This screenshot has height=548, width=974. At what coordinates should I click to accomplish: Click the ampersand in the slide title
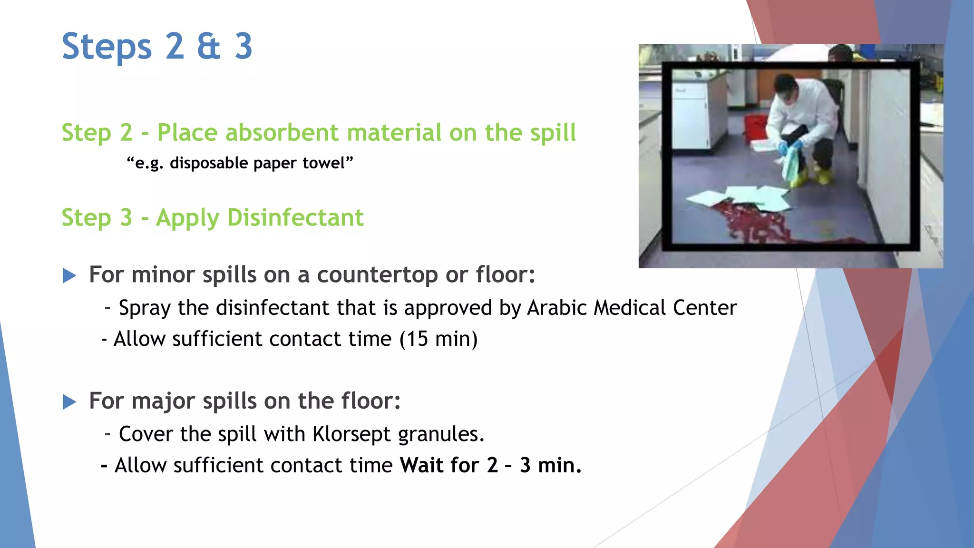click(x=209, y=46)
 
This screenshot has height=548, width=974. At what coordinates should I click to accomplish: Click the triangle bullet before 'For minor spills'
click(x=69, y=275)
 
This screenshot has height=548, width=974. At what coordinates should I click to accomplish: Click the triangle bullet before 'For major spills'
click(x=69, y=402)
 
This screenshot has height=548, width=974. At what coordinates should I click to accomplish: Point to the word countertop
click(x=377, y=275)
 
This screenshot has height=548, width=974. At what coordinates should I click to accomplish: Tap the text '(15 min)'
click(x=438, y=339)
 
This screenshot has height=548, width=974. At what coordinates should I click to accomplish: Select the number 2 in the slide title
click(x=175, y=46)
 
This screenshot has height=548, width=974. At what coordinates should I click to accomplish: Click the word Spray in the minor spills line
click(x=145, y=308)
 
